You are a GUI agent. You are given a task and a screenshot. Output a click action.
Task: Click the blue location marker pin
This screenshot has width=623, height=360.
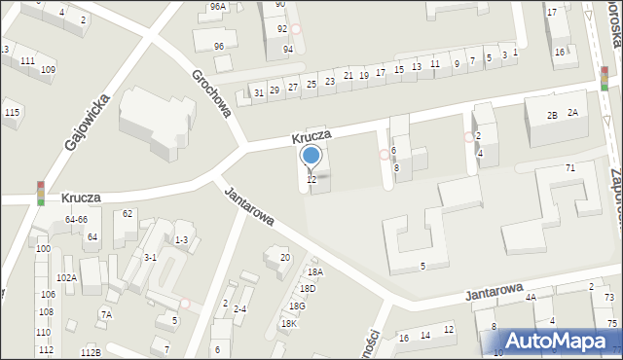[x=311, y=156]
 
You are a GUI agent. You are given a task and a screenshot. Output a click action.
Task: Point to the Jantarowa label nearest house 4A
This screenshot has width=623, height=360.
[x=495, y=293]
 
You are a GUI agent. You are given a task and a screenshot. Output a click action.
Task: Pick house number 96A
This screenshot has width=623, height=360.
[x=217, y=6]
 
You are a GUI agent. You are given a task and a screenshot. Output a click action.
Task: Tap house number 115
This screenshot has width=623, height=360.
[x=12, y=113]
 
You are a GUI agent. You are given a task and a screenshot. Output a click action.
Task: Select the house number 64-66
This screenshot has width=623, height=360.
[x=76, y=220]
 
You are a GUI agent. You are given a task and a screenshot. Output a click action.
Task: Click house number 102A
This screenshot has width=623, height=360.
[x=66, y=277]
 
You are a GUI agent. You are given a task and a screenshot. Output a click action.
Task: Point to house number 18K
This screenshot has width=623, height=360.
[x=289, y=323]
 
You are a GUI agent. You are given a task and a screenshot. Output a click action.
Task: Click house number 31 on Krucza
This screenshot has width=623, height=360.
[x=258, y=92]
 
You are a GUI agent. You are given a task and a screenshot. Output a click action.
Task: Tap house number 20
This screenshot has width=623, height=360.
[x=285, y=257]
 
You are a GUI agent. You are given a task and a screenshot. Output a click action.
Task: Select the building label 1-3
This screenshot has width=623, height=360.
[x=181, y=239]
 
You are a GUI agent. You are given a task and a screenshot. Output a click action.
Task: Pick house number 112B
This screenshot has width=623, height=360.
[x=91, y=352]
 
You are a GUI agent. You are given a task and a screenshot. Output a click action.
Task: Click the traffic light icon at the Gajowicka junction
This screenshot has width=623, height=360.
[x=41, y=193]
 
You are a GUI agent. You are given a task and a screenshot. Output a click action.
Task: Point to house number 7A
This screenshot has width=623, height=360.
[x=106, y=314]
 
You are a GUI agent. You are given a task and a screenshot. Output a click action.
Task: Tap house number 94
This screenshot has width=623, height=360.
[x=288, y=49]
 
